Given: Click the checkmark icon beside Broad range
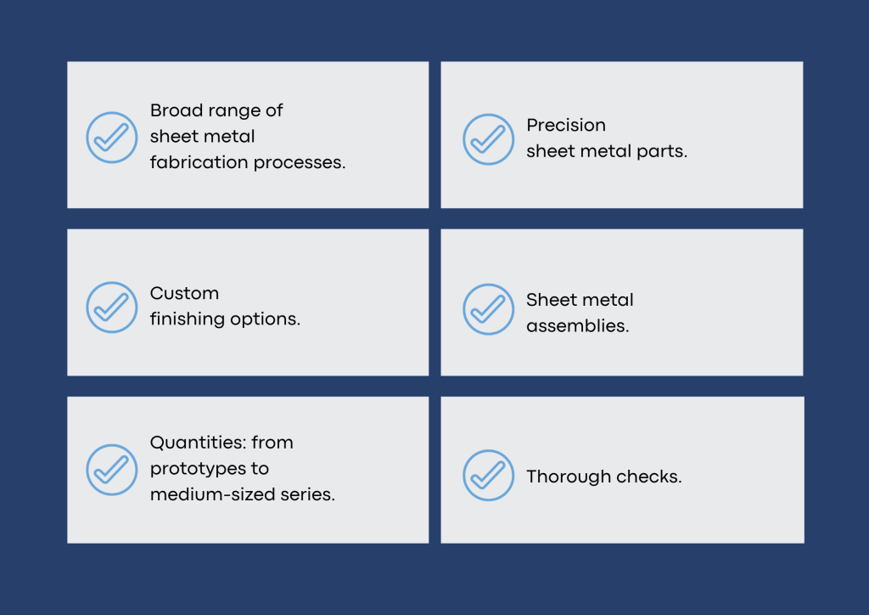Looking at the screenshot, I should click(x=111, y=137).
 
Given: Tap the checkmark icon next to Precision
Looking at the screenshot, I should click(x=488, y=138).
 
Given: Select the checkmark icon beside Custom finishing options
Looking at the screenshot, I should click(x=111, y=307).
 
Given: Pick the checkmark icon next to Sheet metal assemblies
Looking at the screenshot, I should click(x=488, y=309).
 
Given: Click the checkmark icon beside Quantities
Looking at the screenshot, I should click(x=111, y=469).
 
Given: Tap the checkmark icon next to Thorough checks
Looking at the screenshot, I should click(x=488, y=476).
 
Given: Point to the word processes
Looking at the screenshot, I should click(x=301, y=163).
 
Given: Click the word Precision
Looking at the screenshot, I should click(x=565, y=126).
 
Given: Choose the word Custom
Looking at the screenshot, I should click(x=184, y=294).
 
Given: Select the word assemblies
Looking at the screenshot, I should click(x=577, y=326).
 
